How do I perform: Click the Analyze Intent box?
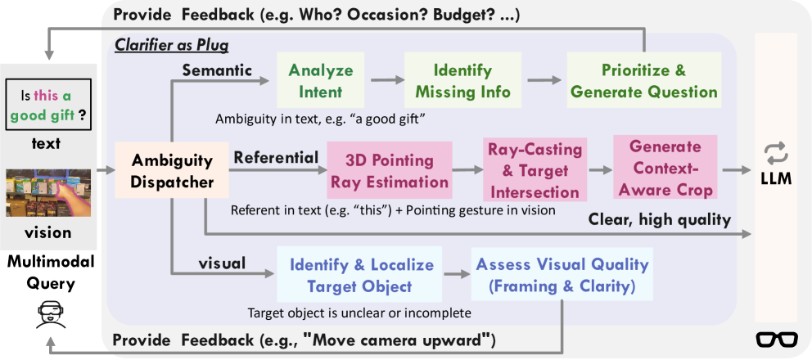(321, 80)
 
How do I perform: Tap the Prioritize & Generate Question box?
(643, 80)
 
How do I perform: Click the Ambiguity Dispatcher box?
(173, 170)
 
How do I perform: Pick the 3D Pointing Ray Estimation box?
(390, 170)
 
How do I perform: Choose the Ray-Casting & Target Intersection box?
(535, 170)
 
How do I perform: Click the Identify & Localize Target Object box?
(359, 274)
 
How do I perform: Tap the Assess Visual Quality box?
(562, 274)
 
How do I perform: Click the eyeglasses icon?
(777, 339)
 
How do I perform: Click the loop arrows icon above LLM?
(776, 154)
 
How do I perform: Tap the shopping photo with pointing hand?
(48, 193)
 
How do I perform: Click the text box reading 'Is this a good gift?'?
(48, 105)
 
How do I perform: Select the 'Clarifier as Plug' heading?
(171, 46)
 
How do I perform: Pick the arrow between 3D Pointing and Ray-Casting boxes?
(467, 169)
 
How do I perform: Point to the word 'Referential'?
(276, 157)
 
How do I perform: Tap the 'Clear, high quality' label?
(659, 221)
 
